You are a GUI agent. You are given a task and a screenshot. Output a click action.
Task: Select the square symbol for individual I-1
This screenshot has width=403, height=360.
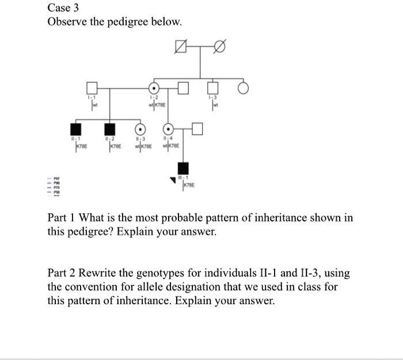(x=92, y=88)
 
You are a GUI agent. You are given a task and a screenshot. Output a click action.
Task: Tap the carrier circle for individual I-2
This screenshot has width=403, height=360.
(x=154, y=88)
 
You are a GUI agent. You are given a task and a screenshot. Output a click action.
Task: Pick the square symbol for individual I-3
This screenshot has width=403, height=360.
(x=213, y=88)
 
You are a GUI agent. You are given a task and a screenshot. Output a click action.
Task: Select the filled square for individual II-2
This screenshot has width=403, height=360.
(x=108, y=129)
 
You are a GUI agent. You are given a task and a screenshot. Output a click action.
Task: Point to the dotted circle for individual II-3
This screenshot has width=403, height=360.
(x=139, y=129)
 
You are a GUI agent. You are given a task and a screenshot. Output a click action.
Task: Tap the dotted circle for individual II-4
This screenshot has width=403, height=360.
(x=168, y=129)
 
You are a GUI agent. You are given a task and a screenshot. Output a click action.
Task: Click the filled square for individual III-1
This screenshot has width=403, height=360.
(x=183, y=169)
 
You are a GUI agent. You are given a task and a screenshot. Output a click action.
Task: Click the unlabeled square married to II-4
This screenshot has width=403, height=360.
(x=197, y=129)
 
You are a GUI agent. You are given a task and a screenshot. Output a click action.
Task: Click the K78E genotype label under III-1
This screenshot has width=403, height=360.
(x=189, y=186)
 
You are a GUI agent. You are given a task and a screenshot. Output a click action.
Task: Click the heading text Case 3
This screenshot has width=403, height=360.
(x=64, y=8)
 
